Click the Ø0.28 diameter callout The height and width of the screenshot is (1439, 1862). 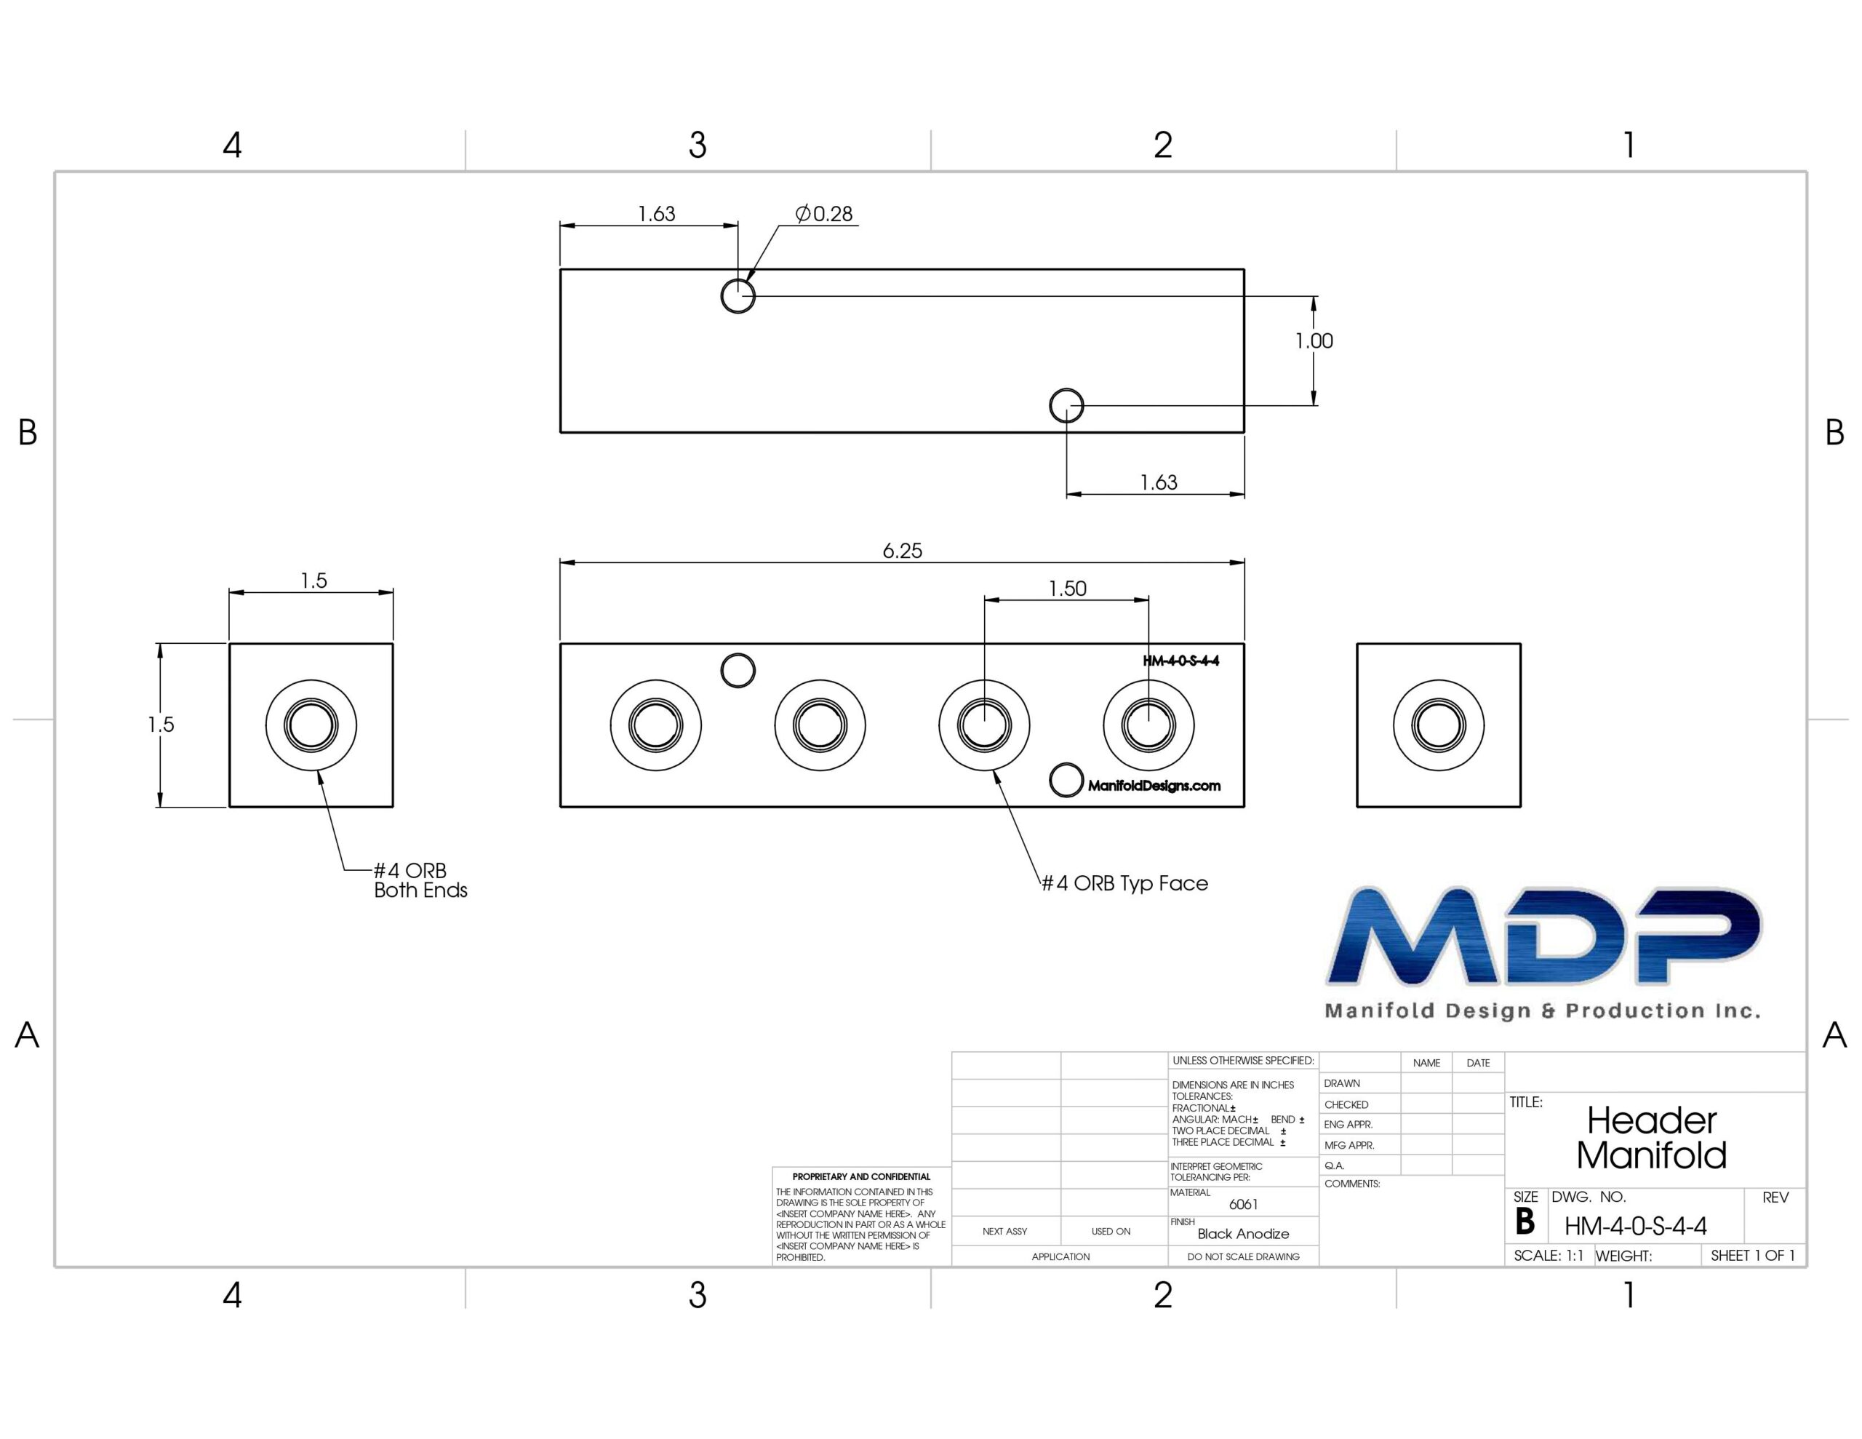(823, 213)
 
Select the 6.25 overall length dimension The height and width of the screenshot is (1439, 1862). (902, 550)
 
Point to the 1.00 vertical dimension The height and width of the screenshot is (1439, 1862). (1314, 341)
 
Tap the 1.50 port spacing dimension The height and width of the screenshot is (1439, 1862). (1068, 588)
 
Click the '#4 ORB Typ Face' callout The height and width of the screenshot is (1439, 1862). (1124, 883)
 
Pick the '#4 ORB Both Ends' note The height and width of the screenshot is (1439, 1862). (420, 880)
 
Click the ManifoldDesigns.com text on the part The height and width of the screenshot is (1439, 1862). (1154, 786)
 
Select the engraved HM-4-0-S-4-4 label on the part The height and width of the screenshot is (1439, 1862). (1180, 661)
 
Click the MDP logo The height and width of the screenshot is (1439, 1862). (1543, 951)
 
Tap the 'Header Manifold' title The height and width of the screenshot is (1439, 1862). (1651, 1138)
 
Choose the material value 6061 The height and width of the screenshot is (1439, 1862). (1243, 1205)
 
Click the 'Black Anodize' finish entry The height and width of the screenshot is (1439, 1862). (1243, 1233)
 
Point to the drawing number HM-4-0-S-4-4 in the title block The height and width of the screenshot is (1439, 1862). (1635, 1227)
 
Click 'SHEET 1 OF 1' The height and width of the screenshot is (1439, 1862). (1753, 1256)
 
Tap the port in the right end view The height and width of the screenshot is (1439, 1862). (1438, 725)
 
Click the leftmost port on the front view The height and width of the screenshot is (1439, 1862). (655, 725)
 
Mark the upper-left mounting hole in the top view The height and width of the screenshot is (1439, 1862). (738, 296)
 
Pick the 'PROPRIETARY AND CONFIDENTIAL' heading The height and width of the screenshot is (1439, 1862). (861, 1176)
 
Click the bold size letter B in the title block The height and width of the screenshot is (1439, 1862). (1525, 1221)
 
